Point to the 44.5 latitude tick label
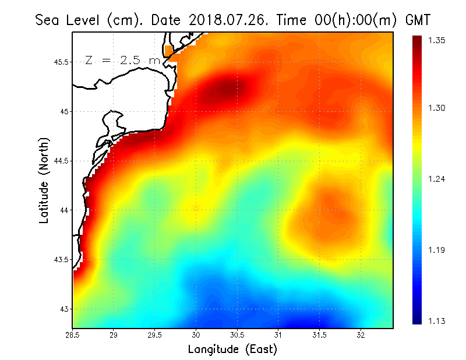point(59,161)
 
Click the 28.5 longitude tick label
point(73,335)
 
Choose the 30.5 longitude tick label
point(237,335)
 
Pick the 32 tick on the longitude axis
point(361,335)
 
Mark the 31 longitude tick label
point(278,335)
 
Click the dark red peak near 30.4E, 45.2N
point(227,89)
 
